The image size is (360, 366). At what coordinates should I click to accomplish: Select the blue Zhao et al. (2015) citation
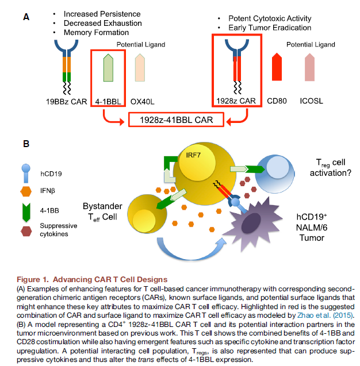(329, 315)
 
